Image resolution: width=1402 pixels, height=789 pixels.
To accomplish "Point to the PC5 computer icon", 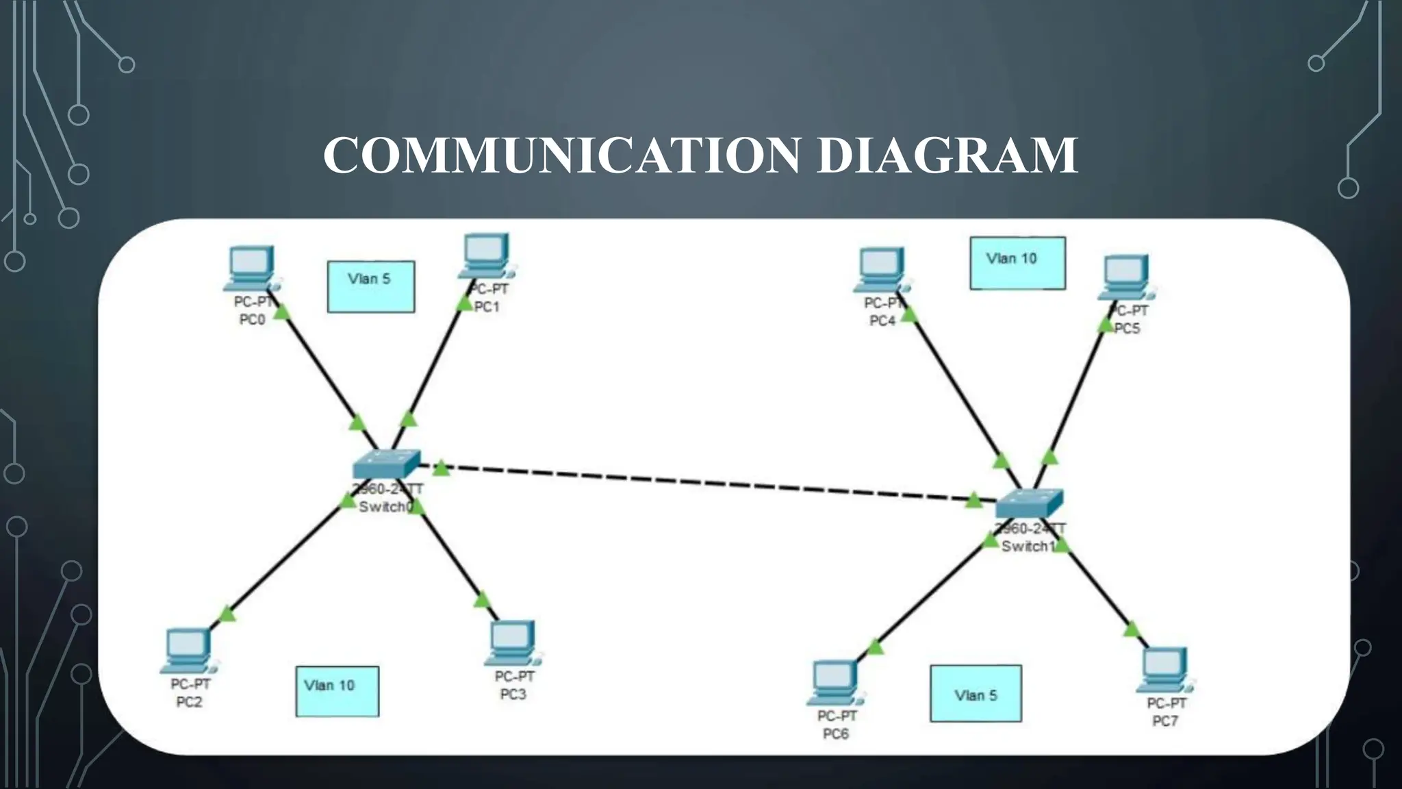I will point(1126,277).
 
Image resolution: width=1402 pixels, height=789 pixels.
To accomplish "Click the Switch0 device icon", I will point(386,465).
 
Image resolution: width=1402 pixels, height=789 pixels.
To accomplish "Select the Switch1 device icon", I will point(1028,504).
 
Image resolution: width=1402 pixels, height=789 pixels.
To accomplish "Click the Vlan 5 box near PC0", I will point(370,286).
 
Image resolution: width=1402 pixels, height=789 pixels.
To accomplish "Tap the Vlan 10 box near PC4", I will point(1017,263).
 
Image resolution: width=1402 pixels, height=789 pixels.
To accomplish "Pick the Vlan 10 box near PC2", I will point(337,691).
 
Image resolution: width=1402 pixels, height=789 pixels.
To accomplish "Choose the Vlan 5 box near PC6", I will point(976,693).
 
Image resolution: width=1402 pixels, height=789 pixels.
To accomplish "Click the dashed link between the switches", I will point(705,483).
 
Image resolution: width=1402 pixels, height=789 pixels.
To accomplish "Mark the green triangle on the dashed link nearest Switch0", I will point(442,468).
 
